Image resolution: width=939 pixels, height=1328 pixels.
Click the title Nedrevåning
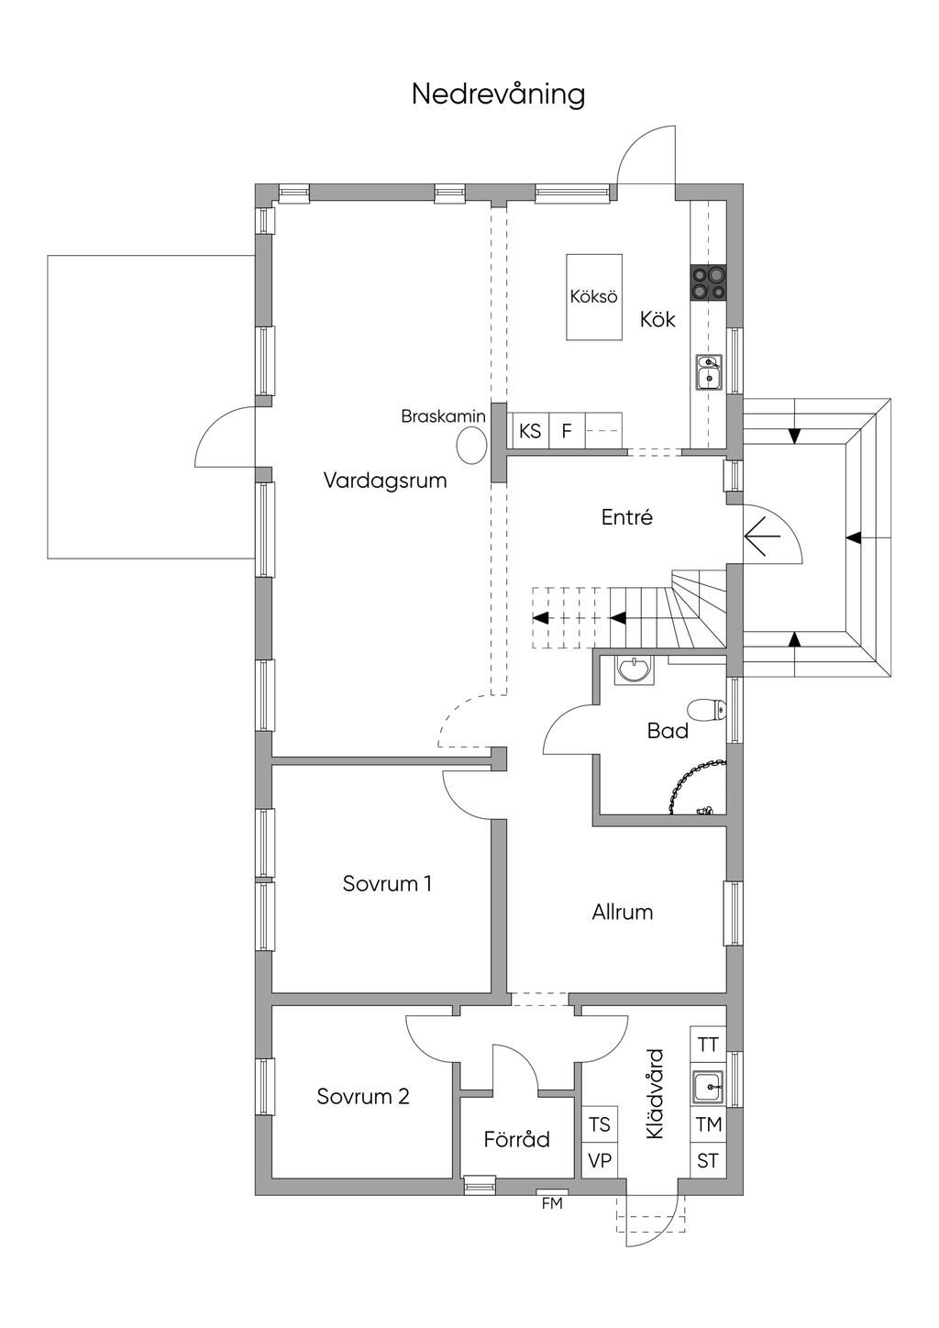[x=498, y=94]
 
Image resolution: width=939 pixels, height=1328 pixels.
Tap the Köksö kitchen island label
[x=593, y=297]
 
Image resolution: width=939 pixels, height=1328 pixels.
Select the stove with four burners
[x=708, y=282]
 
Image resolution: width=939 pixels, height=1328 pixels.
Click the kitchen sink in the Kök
[x=709, y=372]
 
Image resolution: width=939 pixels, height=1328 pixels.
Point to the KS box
[x=529, y=430]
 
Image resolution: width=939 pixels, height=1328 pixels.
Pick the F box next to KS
[x=567, y=430]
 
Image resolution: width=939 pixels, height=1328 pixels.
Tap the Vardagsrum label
[x=385, y=481]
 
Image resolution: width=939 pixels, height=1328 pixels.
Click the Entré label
[x=627, y=517]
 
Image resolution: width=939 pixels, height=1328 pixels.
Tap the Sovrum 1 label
[x=387, y=884]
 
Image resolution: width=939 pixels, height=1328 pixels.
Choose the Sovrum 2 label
[x=363, y=1096]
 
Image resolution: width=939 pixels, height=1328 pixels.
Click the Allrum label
[x=623, y=913]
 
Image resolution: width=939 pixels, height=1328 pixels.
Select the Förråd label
[x=517, y=1139]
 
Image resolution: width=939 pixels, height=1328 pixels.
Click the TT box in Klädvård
[x=708, y=1045]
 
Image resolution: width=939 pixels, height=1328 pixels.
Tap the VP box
[x=600, y=1160]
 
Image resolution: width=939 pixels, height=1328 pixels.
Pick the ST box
[x=708, y=1160]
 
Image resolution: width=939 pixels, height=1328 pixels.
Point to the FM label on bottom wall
[x=552, y=1203]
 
